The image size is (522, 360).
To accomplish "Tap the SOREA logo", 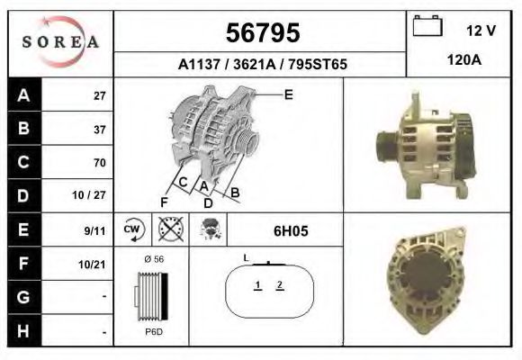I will pos(61,43).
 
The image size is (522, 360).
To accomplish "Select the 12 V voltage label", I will pos(481,31).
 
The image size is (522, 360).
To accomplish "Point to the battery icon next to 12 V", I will pos(426,27).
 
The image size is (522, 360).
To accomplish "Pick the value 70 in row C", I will pos(99,163).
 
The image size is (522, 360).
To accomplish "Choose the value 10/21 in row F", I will pos(94,264).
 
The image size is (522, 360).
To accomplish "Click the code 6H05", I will pos(291,231).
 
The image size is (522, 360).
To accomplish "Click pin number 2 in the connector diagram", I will pos(280,285).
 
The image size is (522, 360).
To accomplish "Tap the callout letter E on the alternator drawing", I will pos(288,94).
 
